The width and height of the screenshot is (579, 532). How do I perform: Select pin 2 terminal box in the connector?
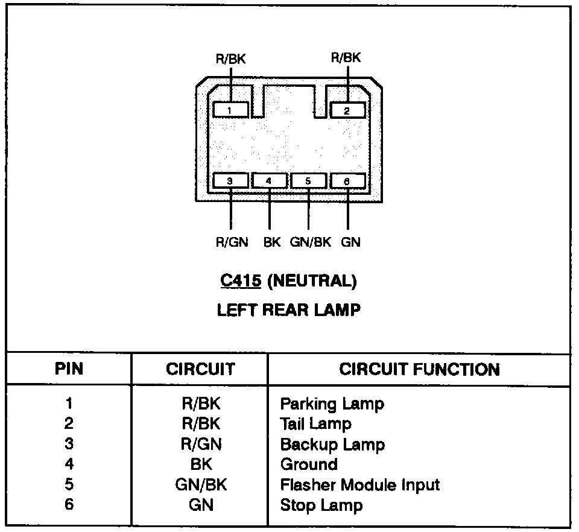(x=347, y=110)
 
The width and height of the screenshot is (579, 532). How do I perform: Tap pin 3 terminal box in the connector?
(x=230, y=181)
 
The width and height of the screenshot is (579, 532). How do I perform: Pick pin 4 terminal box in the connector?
(x=269, y=181)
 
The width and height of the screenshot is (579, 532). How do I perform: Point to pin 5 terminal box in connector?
(x=308, y=181)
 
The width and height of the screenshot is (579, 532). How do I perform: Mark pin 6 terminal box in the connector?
(x=347, y=181)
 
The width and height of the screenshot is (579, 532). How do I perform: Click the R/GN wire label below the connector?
(x=232, y=242)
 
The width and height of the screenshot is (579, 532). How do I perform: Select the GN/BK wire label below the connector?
(x=311, y=242)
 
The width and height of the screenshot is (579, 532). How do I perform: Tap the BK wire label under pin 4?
(x=272, y=242)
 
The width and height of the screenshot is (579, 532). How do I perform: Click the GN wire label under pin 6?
(x=351, y=242)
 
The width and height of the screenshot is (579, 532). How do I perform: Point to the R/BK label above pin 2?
(x=346, y=58)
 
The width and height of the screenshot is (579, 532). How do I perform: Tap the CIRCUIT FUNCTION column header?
(x=419, y=369)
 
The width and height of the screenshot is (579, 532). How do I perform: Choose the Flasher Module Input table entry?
(x=360, y=484)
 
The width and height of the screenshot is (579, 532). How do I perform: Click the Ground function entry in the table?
(x=309, y=464)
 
